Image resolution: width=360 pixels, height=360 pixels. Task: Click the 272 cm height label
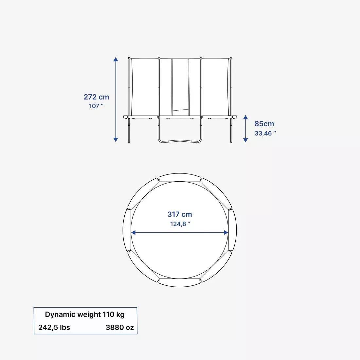tap(96, 97)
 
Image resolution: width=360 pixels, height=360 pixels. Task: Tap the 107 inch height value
tap(96, 106)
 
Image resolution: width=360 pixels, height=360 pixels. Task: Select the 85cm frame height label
tap(264, 124)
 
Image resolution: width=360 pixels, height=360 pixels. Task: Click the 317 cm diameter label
tap(180, 214)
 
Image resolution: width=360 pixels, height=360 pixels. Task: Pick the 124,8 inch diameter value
tap(180, 224)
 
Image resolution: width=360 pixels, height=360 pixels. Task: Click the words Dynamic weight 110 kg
tap(85, 315)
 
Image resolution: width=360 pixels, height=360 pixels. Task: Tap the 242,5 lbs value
tap(54, 327)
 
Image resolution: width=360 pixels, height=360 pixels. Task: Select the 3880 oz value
tap(120, 327)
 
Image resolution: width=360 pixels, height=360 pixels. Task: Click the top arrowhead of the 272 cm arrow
tap(116, 59)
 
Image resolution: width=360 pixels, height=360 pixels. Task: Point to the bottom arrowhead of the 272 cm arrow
tap(116, 140)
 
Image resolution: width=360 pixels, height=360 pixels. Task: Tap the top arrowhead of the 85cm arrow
tap(245, 117)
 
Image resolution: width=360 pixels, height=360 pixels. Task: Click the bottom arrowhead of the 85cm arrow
tap(245, 140)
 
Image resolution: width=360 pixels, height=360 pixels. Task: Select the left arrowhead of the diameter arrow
tap(133, 233)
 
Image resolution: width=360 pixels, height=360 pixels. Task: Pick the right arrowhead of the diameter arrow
tap(226, 233)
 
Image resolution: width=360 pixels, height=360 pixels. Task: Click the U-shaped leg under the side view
tap(179, 141)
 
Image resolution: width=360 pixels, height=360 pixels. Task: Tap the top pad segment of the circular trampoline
tap(180, 178)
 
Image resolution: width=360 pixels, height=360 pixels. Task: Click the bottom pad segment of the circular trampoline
tap(180, 283)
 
